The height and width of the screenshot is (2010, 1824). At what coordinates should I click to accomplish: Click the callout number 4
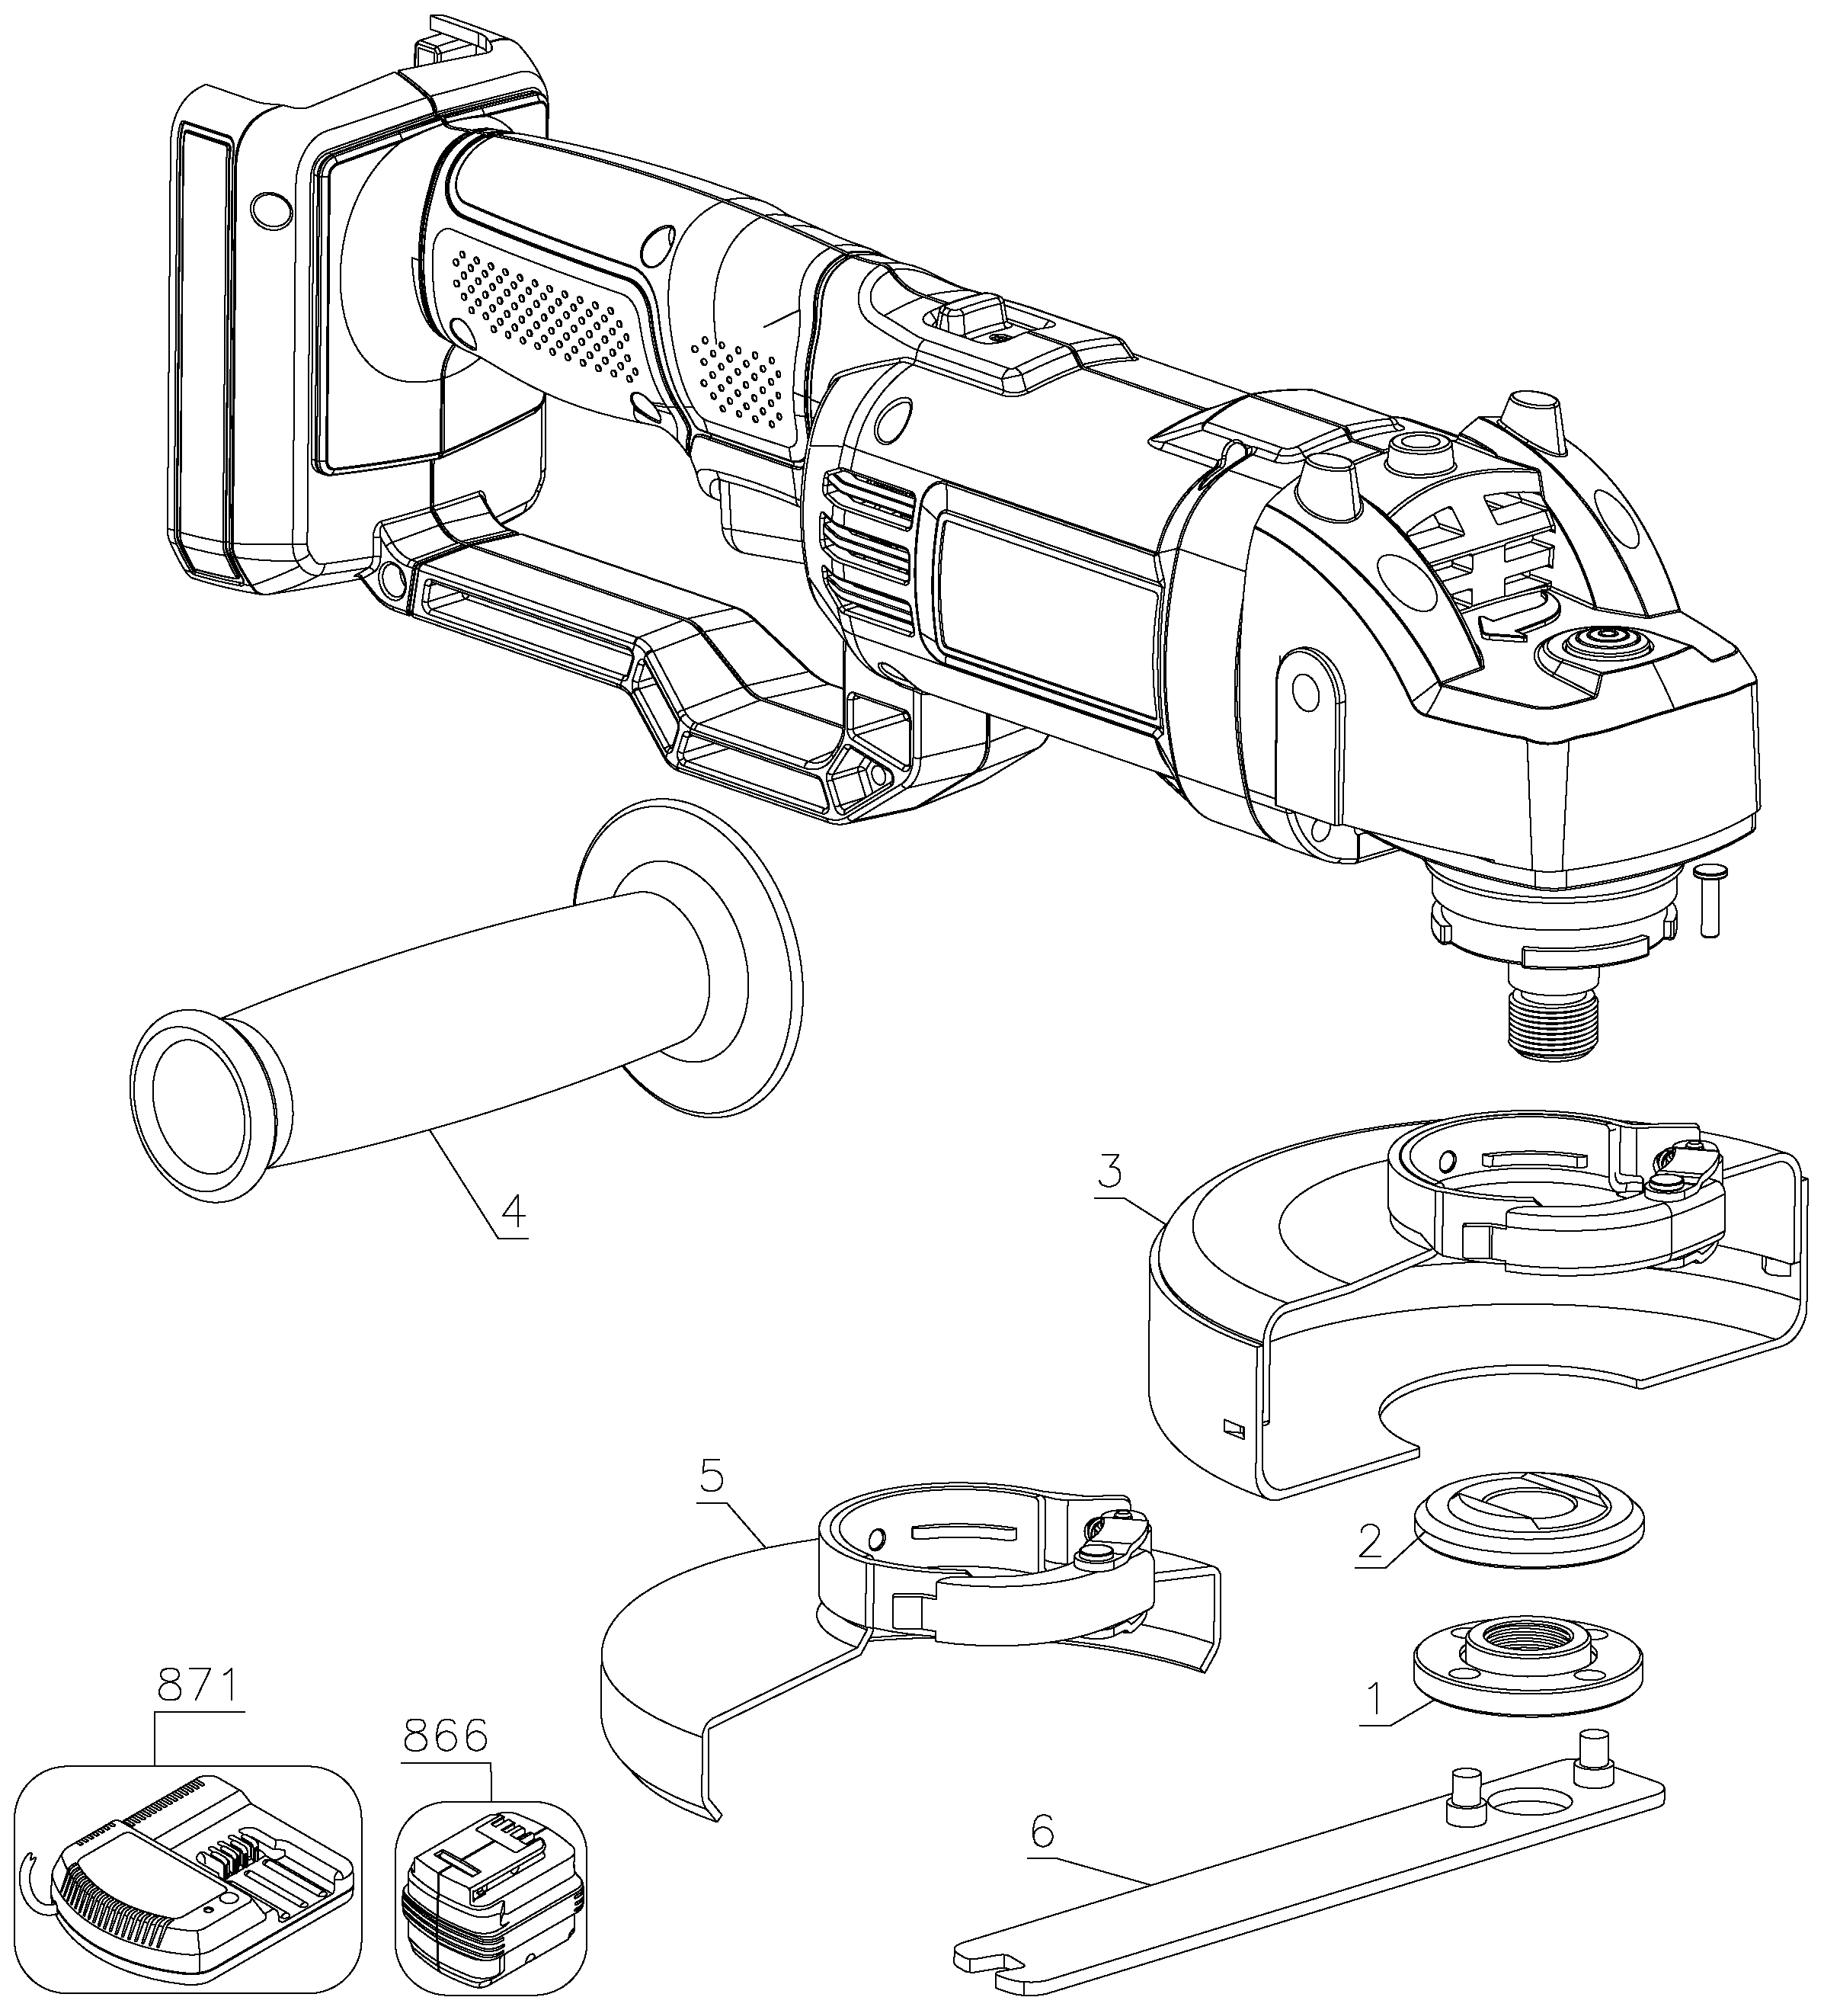(x=511, y=1211)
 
